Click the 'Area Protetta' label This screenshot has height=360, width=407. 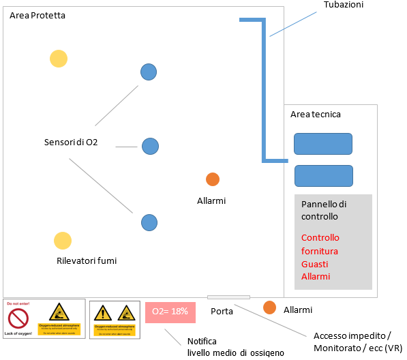pyautogui.click(x=37, y=15)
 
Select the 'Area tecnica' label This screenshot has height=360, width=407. pyautogui.click(x=315, y=115)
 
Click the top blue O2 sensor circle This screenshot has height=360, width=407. pyautogui.click(x=149, y=71)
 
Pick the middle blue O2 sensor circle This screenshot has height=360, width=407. pyautogui.click(x=150, y=145)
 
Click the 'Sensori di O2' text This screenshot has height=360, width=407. pyautogui.click(x=71, y=142)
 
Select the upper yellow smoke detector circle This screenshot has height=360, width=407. pyautogui.click(x=59, y=59)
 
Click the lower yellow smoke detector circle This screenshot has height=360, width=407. pyautogui.click(x=63, y=240)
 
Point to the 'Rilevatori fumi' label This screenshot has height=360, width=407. pyautogui.click(x=87, y=260)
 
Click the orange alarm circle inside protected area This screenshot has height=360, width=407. pyautogui.click(x=213, y=179)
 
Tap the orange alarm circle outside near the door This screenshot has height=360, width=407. pyautogui.click(x=270, y=307)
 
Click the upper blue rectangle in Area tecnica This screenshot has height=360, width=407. pyautogui.click(x=323, y=144)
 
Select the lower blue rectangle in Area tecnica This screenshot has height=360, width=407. pyautogui.click(x=323, y=176)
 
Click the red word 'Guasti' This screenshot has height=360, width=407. pyautogui.click(x=316, y=263)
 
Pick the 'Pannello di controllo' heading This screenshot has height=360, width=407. pyautogui.click(x=324, y=211)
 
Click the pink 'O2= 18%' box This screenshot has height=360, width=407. pyautogui.click(x=170, y=312)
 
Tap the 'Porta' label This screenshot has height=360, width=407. pyautogui.click(x=222, y=312)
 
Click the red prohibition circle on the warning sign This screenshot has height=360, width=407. pyautogui.click(x=18, y=318)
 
